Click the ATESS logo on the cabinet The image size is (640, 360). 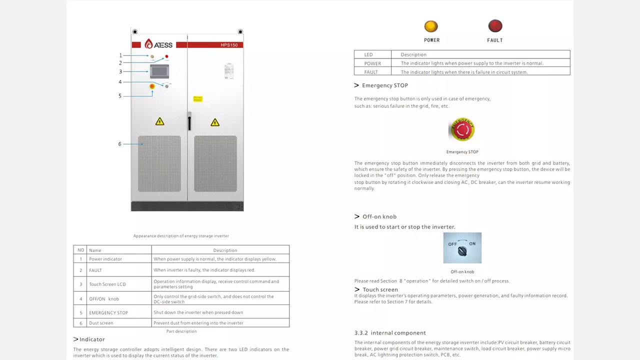pos(158,44)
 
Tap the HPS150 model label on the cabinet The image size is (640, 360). pos(229,45)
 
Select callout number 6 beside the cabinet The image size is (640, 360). pos(119,144)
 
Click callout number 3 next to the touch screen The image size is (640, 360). pos(120,72)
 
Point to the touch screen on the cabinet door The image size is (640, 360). pos(159,71)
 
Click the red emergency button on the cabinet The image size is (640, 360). pos(152,86)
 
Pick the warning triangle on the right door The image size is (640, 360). pos(215,122)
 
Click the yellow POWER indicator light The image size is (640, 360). pos(431,26)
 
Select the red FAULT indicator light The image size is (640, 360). pos(495,26)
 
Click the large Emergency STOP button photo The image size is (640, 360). pos(462,129)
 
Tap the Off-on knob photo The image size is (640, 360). pos(462,247)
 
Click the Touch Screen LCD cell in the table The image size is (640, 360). pos(107,284)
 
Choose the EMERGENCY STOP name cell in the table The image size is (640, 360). pos(108,312)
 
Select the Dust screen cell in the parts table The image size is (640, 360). pos(101,323)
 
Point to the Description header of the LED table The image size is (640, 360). pos(413,54)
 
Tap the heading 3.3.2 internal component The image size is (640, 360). pos(390,333)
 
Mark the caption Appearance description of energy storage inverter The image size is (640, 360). pos(181,236)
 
